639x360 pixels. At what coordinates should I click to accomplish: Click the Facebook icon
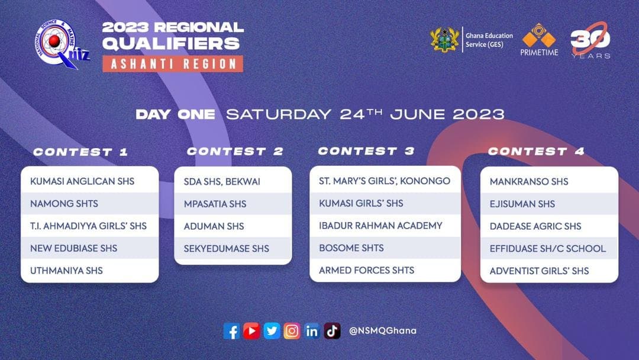pos(231,331)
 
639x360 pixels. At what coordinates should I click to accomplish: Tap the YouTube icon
pos(251,331)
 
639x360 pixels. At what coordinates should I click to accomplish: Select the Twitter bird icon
pos(272,331)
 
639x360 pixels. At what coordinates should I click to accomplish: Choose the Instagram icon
pos(292,331)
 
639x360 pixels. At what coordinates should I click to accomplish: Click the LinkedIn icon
pos(312,331)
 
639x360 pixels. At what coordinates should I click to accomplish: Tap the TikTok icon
pos(332,331)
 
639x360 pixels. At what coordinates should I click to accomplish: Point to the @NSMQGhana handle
pos(383,330)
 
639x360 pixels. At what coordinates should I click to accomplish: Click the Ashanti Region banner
pos(173,64)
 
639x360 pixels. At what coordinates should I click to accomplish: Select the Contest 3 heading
pos(366,151)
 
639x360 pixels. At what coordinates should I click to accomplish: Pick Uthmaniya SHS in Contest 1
pos(66,271)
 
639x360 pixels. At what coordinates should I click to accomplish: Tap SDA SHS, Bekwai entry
pos(222,182)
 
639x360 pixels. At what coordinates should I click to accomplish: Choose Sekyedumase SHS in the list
pos(227,248)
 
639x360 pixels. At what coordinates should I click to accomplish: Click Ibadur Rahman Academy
pos(380,226)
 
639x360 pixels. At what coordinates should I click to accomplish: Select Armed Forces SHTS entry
pos(367,270)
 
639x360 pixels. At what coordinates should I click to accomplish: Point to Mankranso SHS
pos(529,181)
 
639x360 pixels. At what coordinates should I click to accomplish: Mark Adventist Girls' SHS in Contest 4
pos(540,271)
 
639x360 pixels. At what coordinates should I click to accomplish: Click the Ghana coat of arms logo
pos(444,40)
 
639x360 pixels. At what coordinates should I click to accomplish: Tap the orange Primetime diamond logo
pos(539,36)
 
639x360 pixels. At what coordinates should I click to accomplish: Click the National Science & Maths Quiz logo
pos(61,44)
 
